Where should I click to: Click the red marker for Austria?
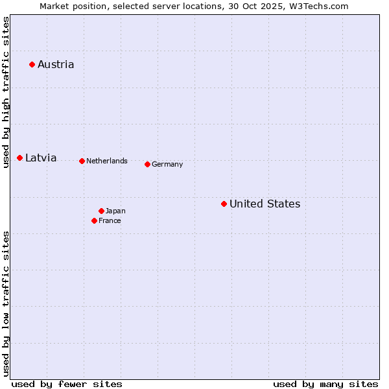point(32,64)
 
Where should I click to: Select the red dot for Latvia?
point(20,158)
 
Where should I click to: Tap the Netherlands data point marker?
point(82,161)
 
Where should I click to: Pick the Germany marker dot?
point(147,164)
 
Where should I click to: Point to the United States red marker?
point(224,204)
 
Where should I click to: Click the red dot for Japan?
point(101,211)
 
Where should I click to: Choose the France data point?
point(95,220)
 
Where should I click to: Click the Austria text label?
point(56,64)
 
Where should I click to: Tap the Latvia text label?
point(41,158)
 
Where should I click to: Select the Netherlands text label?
point(107,161)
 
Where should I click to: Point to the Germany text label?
point(167,164)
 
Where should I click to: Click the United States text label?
point(265,204)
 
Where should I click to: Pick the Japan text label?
point(115,211)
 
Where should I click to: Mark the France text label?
point(110,220)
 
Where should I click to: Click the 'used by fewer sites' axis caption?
point(67,384)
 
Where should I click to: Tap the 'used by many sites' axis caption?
point(325,384)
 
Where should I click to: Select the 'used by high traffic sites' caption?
point(6,93)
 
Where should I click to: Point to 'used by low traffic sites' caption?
point(6,303)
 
